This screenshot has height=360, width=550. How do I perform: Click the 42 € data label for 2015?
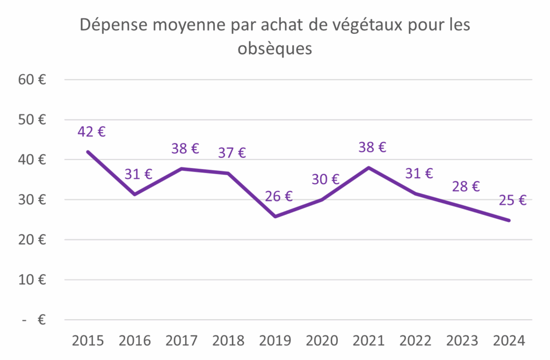point(91,132)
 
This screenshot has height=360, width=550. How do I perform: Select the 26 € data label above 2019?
point(278,196)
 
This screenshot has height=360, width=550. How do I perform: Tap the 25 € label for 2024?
point(512,200)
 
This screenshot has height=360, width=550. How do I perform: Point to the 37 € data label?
point(231,153)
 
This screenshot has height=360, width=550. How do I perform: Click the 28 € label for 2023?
point(465,186)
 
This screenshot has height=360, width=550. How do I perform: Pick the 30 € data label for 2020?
point(325,179)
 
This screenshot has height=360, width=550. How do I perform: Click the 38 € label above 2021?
point(372,147)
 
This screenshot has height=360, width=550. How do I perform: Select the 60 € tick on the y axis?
point(32,80)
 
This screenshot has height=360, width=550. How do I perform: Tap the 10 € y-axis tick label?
point(32,280)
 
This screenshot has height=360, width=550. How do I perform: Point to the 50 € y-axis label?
point(32,120)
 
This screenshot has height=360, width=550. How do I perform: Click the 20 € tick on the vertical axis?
point(32,240)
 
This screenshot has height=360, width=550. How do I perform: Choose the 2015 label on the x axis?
point(88,341)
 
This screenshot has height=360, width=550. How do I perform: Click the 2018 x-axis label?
point(228,341)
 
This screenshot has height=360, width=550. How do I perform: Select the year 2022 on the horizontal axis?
point(415,341)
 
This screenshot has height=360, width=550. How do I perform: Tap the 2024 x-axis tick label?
point(509,341)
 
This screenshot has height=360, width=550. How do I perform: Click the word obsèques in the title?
point(274,49)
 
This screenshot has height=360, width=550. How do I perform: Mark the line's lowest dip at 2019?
point(275,217)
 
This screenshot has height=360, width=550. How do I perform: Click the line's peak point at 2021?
point(368,168)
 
